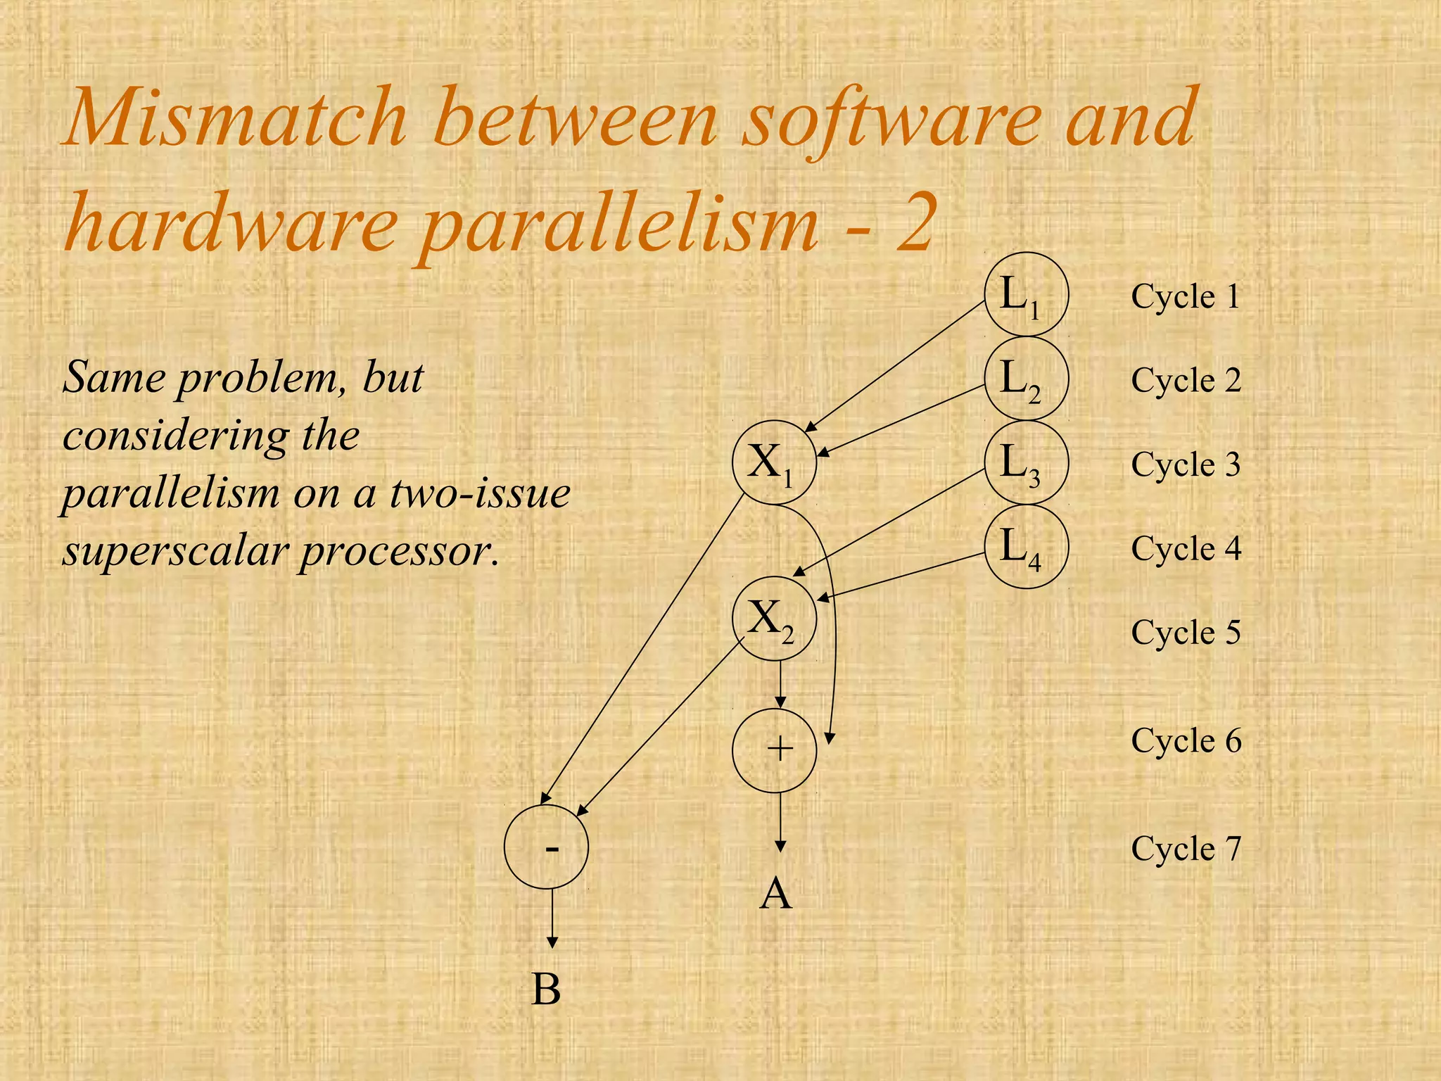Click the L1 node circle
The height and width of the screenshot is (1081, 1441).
coord(1026,294)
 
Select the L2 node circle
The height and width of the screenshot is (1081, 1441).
coord(1026,379)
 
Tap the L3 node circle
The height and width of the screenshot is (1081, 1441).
coord(1026,462)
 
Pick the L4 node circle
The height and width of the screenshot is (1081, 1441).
coord(1026,546)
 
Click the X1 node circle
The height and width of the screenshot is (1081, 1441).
coord(774,462)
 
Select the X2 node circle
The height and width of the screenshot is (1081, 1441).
coord(774,618)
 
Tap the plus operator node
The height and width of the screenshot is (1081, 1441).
coord(775,749)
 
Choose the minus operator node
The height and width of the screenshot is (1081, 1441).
coord(546,847)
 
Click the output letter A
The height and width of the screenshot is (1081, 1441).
coord(776,894)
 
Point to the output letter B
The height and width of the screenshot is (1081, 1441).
coord(546,990)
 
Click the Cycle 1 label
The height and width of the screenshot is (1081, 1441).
coord(1186,296)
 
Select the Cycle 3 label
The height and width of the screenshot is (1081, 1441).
coord(1186,464)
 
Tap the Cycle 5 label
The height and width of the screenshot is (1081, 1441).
coord(1186,632)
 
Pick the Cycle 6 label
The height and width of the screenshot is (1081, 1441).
coord(1186,740)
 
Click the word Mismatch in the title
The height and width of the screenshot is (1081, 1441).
coord(236,117)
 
